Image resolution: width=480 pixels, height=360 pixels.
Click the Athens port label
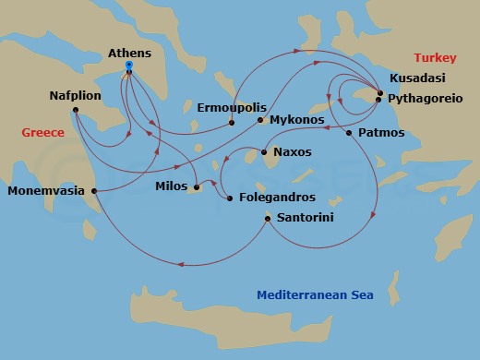(x=128, y=54)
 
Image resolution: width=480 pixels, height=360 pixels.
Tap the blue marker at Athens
(x=129, y=66)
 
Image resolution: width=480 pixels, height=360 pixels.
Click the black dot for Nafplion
(x=75, y=112)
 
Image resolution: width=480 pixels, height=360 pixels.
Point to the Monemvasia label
(x=46, y=192)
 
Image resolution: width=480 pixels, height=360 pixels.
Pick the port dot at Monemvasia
(x=94, y=191)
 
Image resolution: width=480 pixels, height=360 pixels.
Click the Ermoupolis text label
(x=227, y=107)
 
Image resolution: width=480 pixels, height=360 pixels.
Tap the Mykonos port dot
(x=260, y=121)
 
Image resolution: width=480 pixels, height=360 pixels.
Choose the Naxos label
(x=293, y=151)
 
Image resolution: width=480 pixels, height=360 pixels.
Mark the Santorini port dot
(x=268, y=219)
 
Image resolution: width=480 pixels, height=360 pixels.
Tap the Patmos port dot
(x=349, y=134)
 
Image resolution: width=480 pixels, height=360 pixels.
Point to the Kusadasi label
(x=416, y=78)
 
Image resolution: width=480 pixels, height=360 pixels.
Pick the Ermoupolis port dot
(x=231, y=122)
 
